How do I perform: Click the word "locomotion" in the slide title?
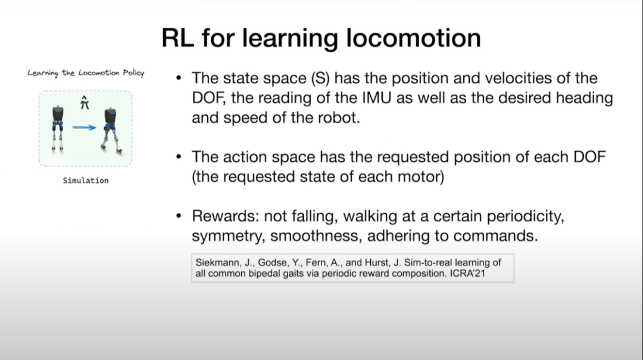tap(413, 38)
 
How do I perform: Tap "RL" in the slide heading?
tap(177, 38)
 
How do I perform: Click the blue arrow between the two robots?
tap(84, 127)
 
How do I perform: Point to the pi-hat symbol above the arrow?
tap(85, 102)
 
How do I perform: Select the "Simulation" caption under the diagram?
tap(86, 180)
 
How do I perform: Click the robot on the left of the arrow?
tap(58, 129)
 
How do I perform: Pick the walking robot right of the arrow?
tap(111, 131)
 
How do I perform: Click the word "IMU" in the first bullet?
tap(377, 98)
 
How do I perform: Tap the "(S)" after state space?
tap(320, 79)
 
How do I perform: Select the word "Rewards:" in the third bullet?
tap(225, 216)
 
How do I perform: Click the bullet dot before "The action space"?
tap(179, 156)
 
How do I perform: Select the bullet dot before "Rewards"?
tap(179, 215)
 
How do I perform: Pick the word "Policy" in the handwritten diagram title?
tap(134, 73)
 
